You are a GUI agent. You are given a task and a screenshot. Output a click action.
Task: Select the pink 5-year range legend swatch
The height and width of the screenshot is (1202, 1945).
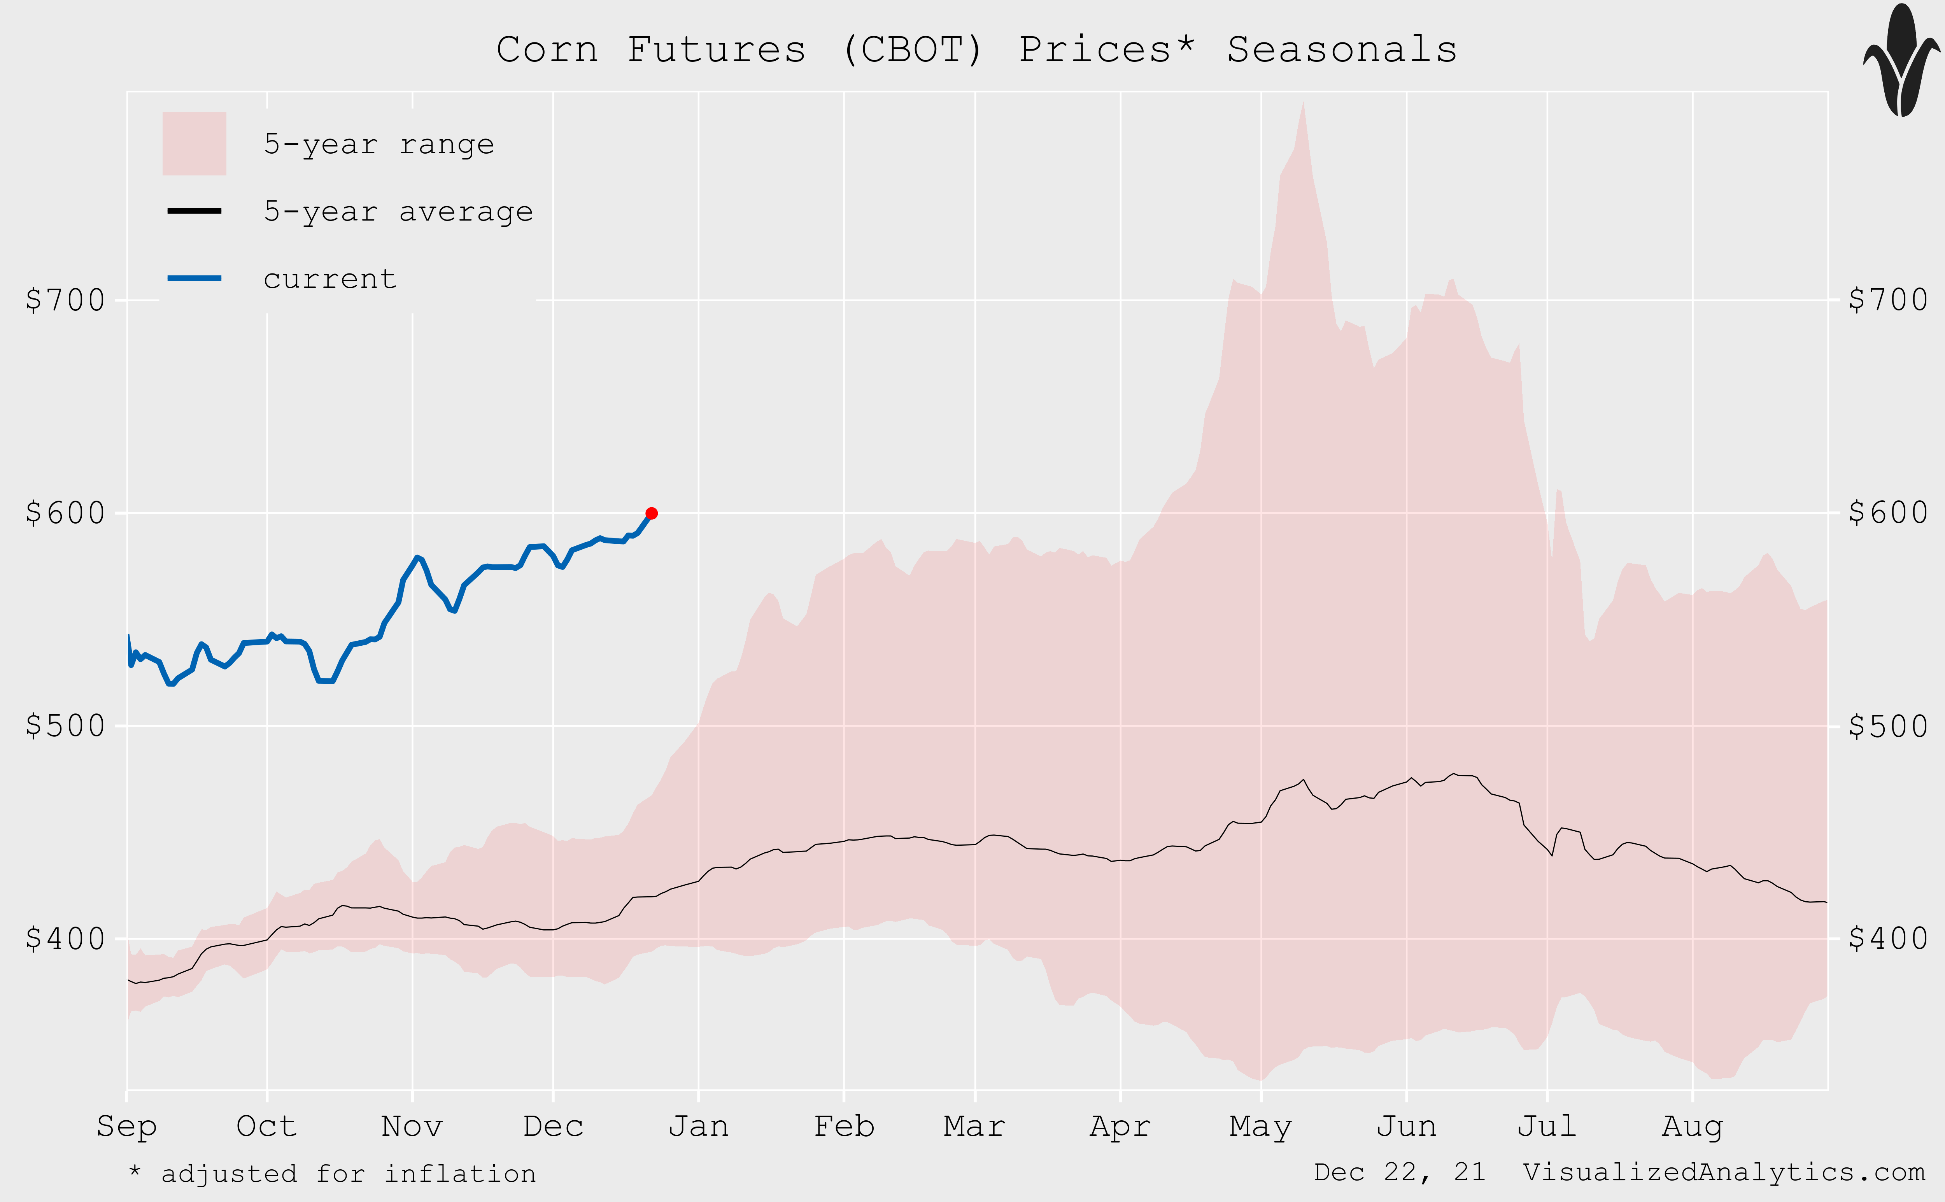pyautogui.click(x=194, y=144)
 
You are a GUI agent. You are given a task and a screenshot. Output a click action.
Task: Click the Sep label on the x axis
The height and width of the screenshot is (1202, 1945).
pyautogui.click(x=126, y=1127)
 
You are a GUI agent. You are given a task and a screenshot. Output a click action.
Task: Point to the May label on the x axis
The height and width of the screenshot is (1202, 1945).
pyautogui.click(x=1261, y=1127)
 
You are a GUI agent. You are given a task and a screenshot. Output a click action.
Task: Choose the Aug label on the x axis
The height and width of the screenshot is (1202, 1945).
pyautogui.click(x=1692, y=1127)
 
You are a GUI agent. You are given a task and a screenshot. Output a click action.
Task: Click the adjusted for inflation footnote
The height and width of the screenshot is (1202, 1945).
pyautogui.click(x=332, y=1174)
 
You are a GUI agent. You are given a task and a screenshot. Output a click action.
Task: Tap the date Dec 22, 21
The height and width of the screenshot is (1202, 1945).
pyautogui.click(x=1399, y=1172)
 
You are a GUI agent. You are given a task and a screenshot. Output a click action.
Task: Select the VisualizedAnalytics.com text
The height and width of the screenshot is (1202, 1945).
pyautogui.click(x=1723, y=1172)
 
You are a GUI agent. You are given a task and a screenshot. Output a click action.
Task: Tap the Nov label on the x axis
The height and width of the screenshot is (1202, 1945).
pyautogui.click(x=412, y=1127)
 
